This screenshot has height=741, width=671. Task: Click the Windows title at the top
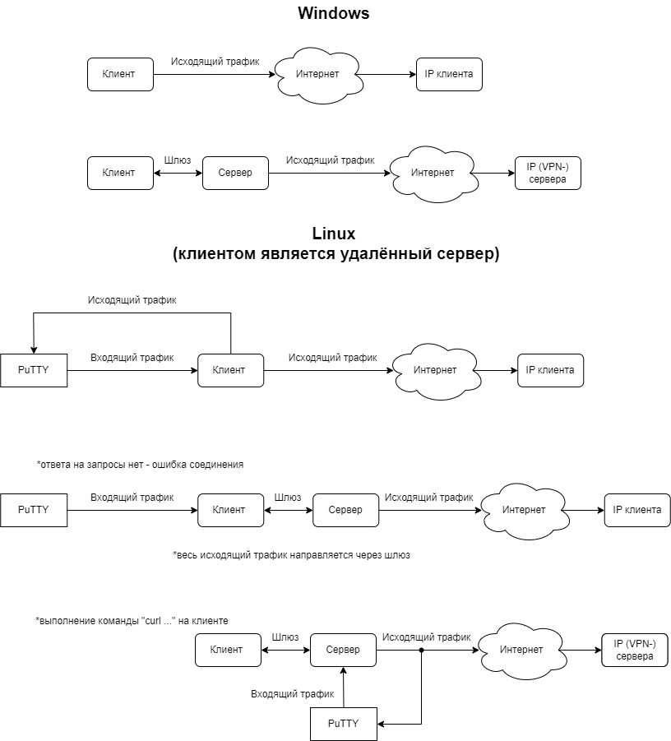[x=334, y=13]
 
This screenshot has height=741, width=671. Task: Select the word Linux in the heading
[x=334, y=234]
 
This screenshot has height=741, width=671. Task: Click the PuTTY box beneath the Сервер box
[x=344, y=724]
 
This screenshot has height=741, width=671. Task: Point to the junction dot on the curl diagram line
[x=422, y=651]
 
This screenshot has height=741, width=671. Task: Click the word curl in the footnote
[x=153, y=620]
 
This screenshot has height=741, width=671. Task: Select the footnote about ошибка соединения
[x=141, y=465]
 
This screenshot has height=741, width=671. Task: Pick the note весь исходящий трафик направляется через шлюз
[x=292, y=555]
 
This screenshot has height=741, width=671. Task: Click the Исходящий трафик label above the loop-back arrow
[x=132, y=300]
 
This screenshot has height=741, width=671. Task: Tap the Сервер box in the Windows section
[x=235, y=173]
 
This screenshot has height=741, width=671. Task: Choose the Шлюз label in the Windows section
[x=178, y=160]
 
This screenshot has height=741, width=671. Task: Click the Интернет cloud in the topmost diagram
[x=318, y=75]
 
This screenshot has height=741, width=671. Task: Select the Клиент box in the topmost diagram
[x=121, y=74]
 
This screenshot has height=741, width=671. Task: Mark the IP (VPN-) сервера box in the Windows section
[x=548, y=173]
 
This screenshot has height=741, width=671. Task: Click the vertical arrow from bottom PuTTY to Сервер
[x=344, y=687]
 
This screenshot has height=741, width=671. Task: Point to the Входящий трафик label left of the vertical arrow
[x=293, y=694]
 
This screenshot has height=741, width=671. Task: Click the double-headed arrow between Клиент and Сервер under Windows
[x=178, y=174]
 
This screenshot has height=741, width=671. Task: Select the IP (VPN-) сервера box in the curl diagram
[x=635, y=651]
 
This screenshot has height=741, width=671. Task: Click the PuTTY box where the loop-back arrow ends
[x=34, y=370]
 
